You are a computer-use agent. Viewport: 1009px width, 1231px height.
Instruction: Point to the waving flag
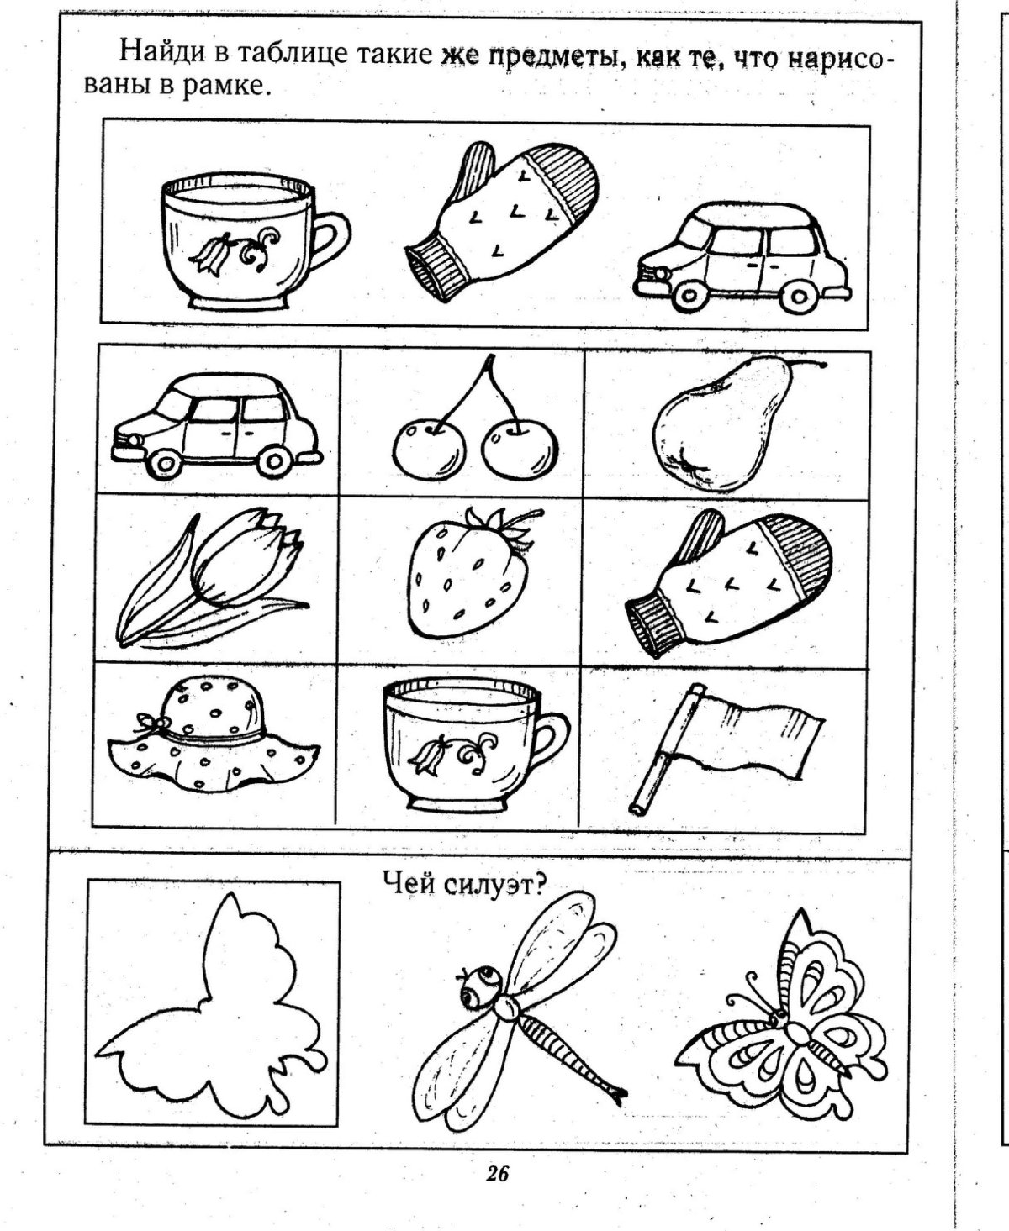726,746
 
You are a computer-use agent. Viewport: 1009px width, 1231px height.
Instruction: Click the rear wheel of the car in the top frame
798,296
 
